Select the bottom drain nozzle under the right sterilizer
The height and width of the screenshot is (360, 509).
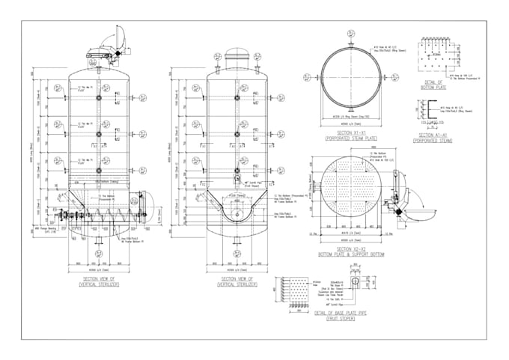coord(237,240)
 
